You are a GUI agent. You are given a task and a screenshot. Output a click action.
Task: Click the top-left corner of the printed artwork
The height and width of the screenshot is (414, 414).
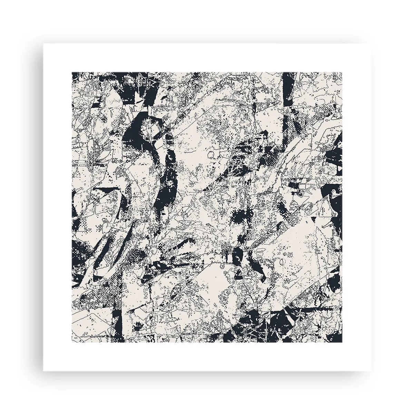(x=72, y=72)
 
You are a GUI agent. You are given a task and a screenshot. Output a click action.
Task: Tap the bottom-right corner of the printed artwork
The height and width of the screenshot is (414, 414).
(x=342, y=342)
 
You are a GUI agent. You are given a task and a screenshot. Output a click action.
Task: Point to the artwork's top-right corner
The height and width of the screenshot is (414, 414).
(x=342, y=72)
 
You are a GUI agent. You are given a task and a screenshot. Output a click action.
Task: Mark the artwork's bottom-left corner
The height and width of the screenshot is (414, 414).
(x=72, y=342)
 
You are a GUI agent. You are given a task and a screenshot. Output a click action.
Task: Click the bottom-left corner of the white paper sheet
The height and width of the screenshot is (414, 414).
(x=43, y=371)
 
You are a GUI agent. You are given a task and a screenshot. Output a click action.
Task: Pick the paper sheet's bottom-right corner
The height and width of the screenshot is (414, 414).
(x=371, y=371)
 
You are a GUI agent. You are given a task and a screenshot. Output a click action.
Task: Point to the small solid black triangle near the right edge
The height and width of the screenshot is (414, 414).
(x=316, y=219)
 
